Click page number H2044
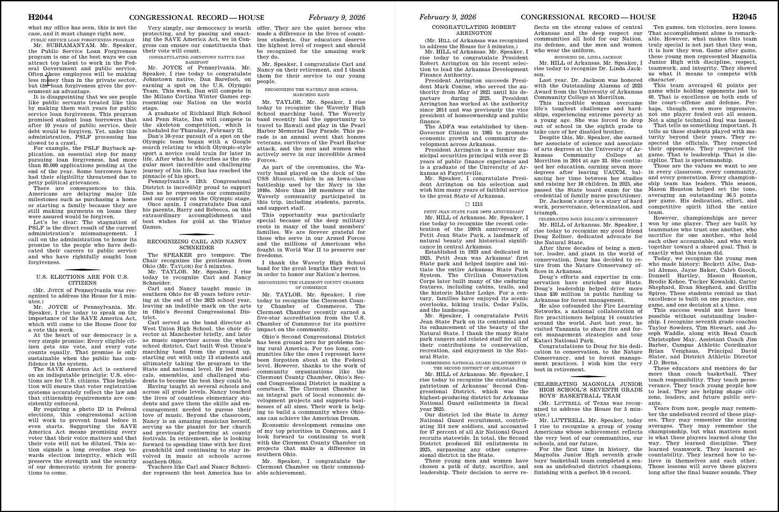coord(40,18)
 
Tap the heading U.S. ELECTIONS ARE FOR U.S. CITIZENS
coord(82,280)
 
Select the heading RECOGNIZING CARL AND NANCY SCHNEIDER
coord(197,244)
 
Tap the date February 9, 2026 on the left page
coord(337,18)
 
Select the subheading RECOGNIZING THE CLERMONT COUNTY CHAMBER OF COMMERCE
coord(312,284)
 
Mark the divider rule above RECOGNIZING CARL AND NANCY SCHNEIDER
coord(197,234)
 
